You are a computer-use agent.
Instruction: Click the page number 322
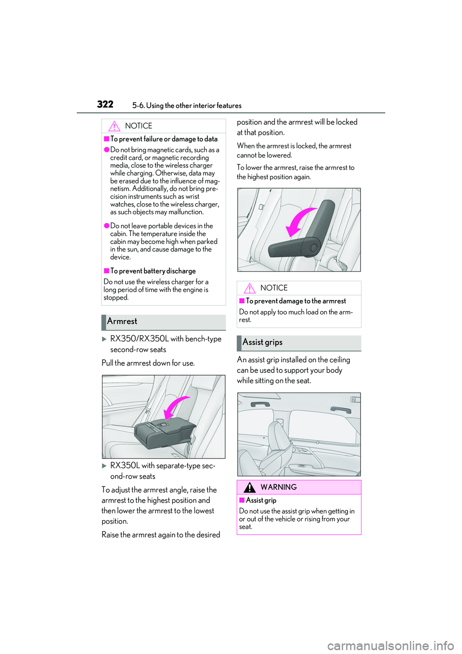105,104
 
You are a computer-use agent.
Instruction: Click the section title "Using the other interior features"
193,105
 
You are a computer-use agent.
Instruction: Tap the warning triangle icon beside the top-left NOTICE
114,126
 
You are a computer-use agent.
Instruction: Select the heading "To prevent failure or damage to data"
164,139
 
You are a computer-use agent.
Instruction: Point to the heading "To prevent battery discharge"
153,271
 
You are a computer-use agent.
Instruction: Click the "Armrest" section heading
122,321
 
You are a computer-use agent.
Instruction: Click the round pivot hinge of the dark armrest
314,248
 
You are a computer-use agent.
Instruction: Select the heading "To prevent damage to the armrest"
295,301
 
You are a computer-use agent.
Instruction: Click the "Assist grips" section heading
262,342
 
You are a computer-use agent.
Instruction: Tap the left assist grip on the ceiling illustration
260,404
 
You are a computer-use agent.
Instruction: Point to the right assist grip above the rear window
341,409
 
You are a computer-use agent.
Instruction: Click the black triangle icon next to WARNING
249,487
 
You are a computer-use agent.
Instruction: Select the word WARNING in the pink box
279,487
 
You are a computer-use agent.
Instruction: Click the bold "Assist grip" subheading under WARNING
261,500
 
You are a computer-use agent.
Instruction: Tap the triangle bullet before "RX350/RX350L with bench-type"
104,339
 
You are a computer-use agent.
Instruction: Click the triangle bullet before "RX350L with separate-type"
104,466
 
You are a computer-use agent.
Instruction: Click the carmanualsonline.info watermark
390,645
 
